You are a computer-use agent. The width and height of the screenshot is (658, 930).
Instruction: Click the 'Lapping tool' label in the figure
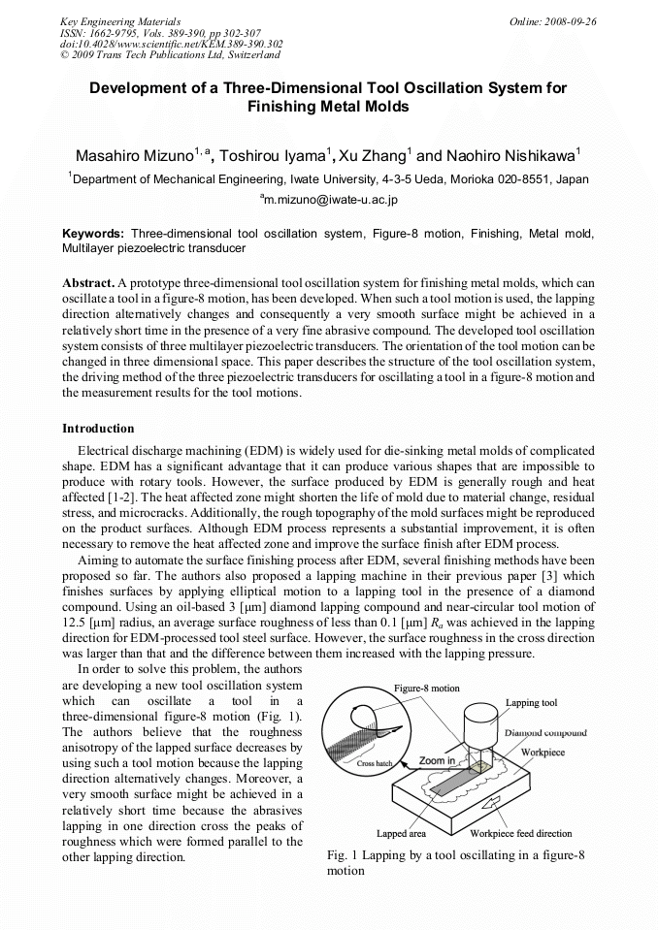coord(531,702)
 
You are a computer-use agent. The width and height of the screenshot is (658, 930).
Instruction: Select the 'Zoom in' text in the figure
coord(437,761)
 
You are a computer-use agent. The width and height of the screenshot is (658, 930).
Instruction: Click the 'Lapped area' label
coord(405,833)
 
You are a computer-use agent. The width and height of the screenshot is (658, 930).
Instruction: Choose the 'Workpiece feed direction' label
coord(521,833)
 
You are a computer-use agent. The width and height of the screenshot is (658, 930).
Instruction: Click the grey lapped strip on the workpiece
coord(444,787)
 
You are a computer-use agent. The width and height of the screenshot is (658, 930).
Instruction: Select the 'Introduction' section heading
coord(98,428)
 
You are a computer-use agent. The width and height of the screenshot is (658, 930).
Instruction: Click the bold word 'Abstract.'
coord(88,282)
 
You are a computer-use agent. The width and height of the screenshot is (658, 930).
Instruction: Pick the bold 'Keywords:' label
coord(93,235)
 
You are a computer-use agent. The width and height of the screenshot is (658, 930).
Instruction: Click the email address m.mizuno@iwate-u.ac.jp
coord(329,200)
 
